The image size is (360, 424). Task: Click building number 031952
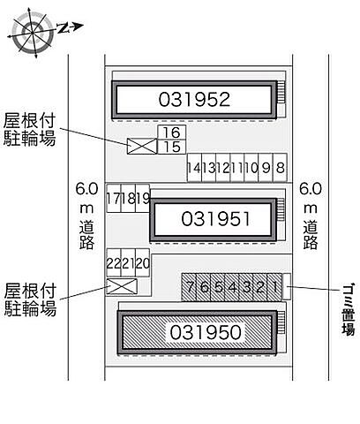pos(194,99)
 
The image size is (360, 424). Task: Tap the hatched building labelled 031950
pos(197,332)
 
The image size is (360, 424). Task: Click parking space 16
pos(172,132)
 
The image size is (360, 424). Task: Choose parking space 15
pos(172,147)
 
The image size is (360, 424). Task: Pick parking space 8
pos(280,167)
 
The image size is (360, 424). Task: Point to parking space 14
pos(194,167)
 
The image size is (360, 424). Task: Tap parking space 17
pos(114,198)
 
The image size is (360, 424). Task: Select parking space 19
pos(143,198)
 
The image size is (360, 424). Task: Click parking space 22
pos(114,262)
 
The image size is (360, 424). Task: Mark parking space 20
pos(143,262)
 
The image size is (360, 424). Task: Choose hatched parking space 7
pos(189,287)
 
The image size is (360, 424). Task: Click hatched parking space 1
pos(274,287)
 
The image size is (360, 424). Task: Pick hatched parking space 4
pos(232,287)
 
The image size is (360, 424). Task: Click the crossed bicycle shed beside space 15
pos(142,147)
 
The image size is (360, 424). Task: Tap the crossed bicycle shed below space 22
pos(122,286)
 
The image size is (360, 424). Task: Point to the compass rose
pos(32,32)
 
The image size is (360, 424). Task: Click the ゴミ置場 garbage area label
pos(349,309)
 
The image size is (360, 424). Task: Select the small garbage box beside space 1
pos(287,286)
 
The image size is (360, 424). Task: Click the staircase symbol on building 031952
pos(281,92)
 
